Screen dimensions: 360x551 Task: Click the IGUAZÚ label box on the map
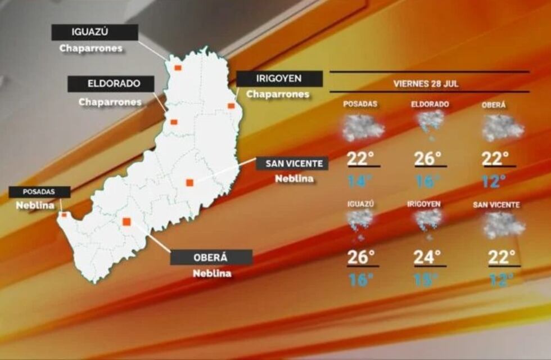[94, 32]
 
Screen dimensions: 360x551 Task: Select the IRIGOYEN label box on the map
[279, 79]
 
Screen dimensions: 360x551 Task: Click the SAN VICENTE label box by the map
[292, 164]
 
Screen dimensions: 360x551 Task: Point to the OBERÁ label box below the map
[211, 257]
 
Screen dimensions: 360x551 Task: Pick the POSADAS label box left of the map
[39, 192]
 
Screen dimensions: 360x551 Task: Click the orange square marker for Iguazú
[177, 67]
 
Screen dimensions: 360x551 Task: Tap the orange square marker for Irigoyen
[231, 106]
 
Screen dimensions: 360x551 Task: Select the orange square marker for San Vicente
[189, 182]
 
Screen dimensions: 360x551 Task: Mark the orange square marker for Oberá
[127, 222]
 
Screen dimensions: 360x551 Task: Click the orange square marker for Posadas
[64, 214]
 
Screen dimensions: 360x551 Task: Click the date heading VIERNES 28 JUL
[426, 83]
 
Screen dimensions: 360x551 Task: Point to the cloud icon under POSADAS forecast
[363, 128]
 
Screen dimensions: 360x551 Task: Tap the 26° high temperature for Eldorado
[428, 159]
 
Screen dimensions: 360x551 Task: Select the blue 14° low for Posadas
[360, 181]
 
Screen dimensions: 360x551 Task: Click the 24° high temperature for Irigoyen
[427, 257]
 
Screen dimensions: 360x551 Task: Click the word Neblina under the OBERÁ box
[211, 274]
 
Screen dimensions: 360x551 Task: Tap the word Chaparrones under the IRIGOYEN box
[278, 94]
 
